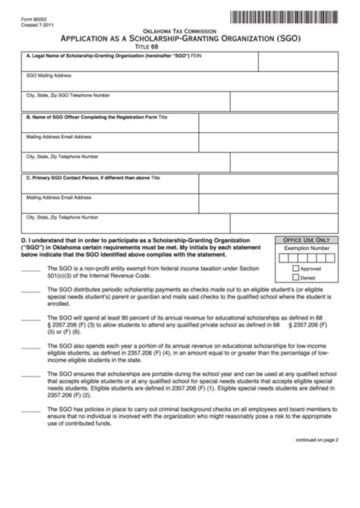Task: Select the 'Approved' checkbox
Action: point(296,268)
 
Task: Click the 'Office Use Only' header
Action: point(307,238)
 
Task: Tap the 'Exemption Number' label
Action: point(307,248)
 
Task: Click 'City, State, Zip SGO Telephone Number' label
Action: point(68,96)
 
